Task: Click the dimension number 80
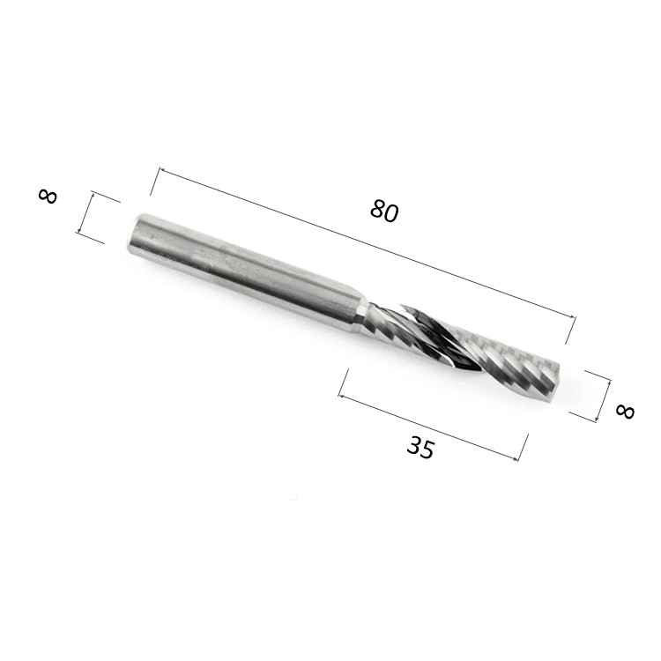coord(384,211)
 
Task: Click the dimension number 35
coord(420,447)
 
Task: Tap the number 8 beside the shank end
coord(48,197)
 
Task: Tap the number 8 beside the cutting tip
coord(625,412)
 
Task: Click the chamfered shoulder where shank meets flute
coord(361,316)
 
